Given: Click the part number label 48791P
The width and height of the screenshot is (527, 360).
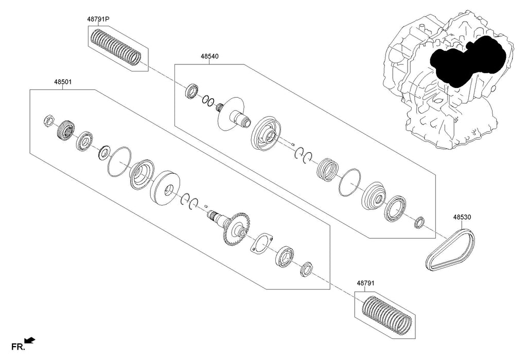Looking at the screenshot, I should click(98, 19).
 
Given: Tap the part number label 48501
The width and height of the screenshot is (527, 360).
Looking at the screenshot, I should click(62, 81).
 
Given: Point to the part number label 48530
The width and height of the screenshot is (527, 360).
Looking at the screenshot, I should click(461, 218).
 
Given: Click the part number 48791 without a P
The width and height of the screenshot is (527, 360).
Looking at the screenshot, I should click(365, 283).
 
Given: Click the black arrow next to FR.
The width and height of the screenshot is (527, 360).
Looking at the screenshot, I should click(30, 340).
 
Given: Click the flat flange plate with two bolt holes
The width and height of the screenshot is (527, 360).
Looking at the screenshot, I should click(261, 243).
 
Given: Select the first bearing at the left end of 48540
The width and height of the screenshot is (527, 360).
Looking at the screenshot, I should click(192, 92).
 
